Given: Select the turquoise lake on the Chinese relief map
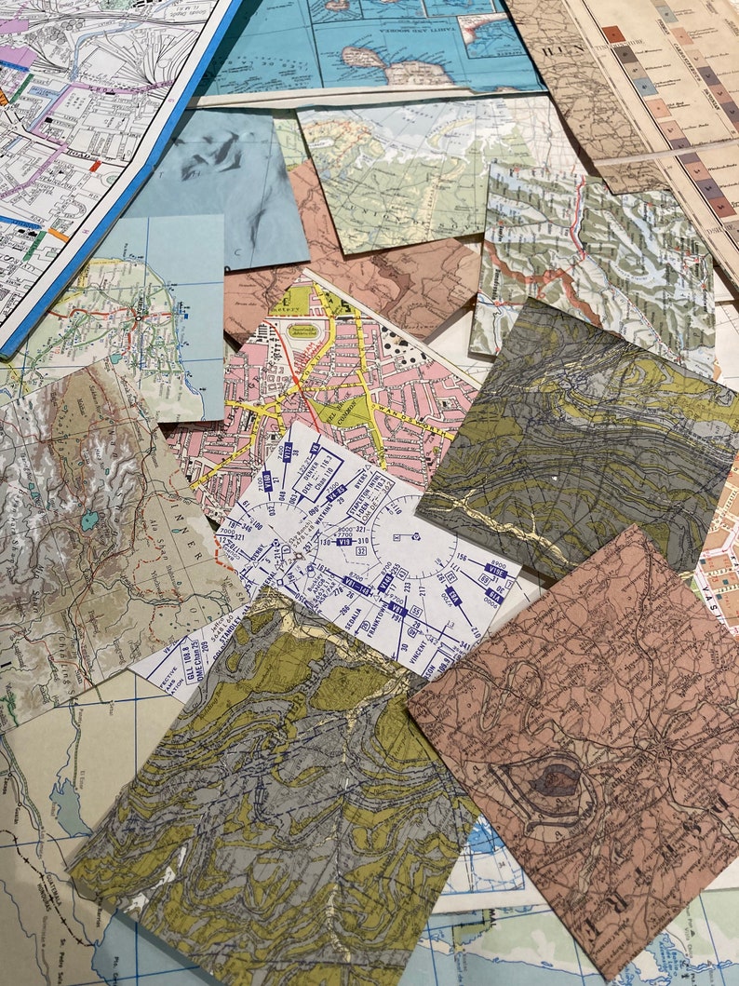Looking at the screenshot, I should point(88,520).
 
